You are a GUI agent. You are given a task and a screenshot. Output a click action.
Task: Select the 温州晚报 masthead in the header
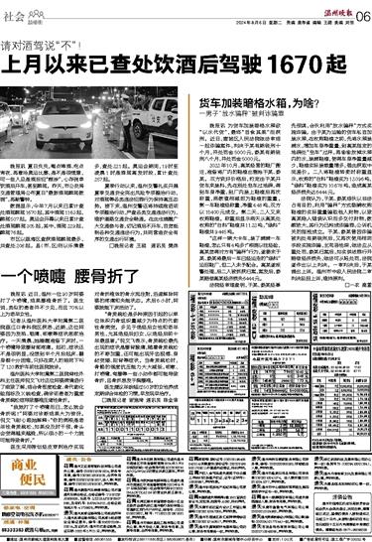click(x=326, y=7)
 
